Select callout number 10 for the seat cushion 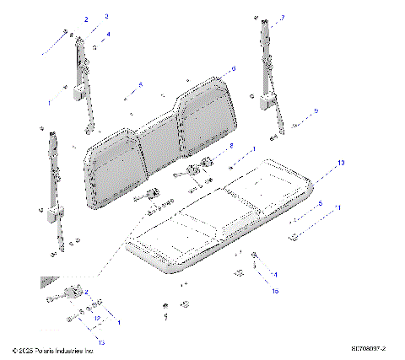point(341,162)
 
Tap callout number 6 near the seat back point(234,68)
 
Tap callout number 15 point(273,290)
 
